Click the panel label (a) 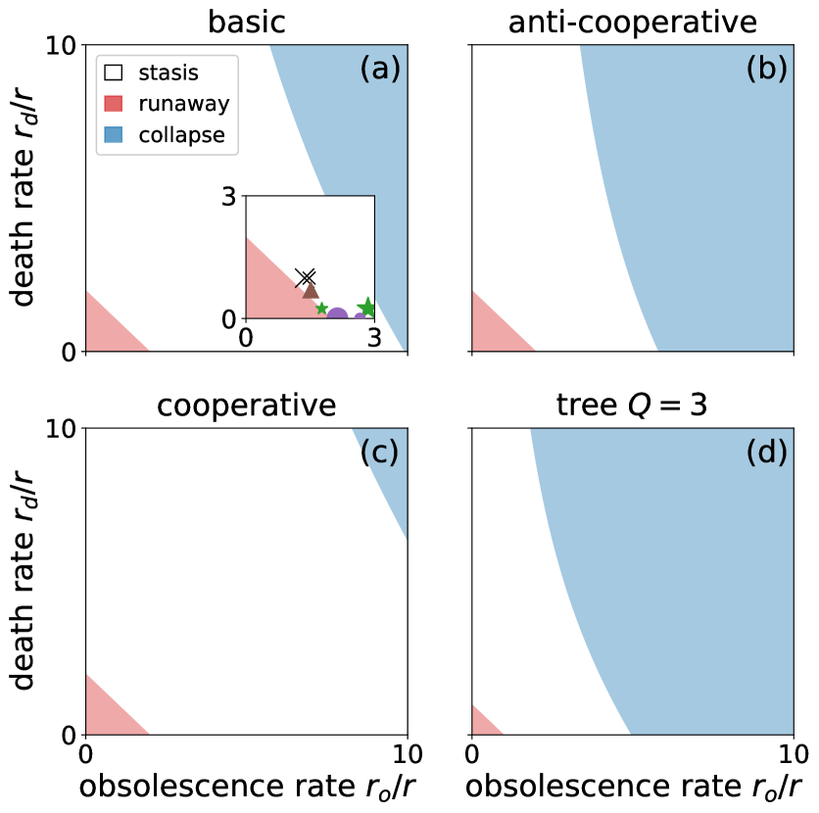380,69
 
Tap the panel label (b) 766,69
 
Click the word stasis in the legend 169,72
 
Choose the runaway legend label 184,104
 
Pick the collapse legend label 181,135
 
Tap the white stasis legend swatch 114,72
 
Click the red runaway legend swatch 114,104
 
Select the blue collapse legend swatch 114,135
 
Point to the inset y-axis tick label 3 228,197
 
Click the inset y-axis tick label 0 228,319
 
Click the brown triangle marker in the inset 311,289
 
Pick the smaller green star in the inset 321,309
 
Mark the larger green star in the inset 367,308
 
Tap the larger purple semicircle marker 337,314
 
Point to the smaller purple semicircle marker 360,316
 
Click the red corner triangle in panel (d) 482,723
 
